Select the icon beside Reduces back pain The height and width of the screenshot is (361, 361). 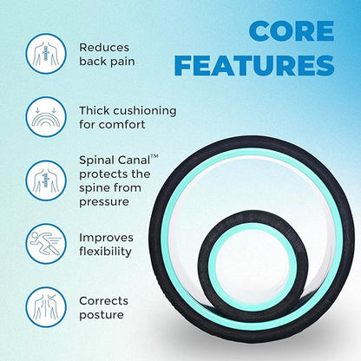click(45, 54)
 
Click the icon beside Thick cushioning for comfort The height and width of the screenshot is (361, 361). click(45, 119)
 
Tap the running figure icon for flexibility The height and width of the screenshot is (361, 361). click(45, 244)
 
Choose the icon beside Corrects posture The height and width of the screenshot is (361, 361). click(45, 307)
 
